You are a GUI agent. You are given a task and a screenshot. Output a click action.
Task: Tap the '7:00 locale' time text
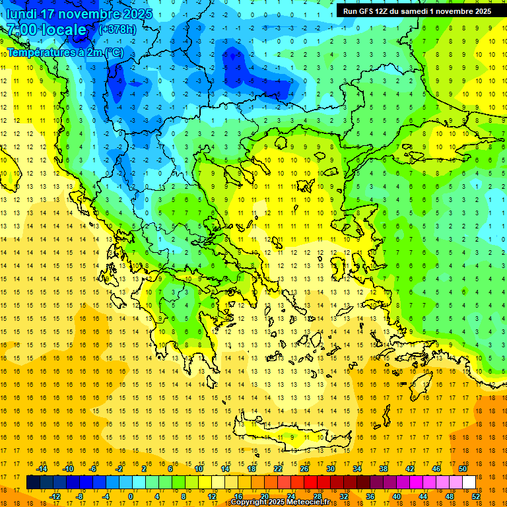(46, 30)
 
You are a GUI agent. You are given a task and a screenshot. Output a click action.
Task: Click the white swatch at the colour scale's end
(469, 483)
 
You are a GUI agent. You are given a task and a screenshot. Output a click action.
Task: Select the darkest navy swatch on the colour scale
(33, 483)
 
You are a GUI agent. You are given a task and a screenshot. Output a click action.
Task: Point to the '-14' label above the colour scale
(42, 469)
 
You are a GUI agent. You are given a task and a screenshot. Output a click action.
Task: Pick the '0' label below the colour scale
(130, 496)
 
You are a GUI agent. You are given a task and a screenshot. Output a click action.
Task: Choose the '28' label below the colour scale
(318, 496)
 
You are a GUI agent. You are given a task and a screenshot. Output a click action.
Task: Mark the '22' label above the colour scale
(278, 469)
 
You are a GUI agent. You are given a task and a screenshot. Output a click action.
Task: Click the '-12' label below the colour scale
(55, 496)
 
